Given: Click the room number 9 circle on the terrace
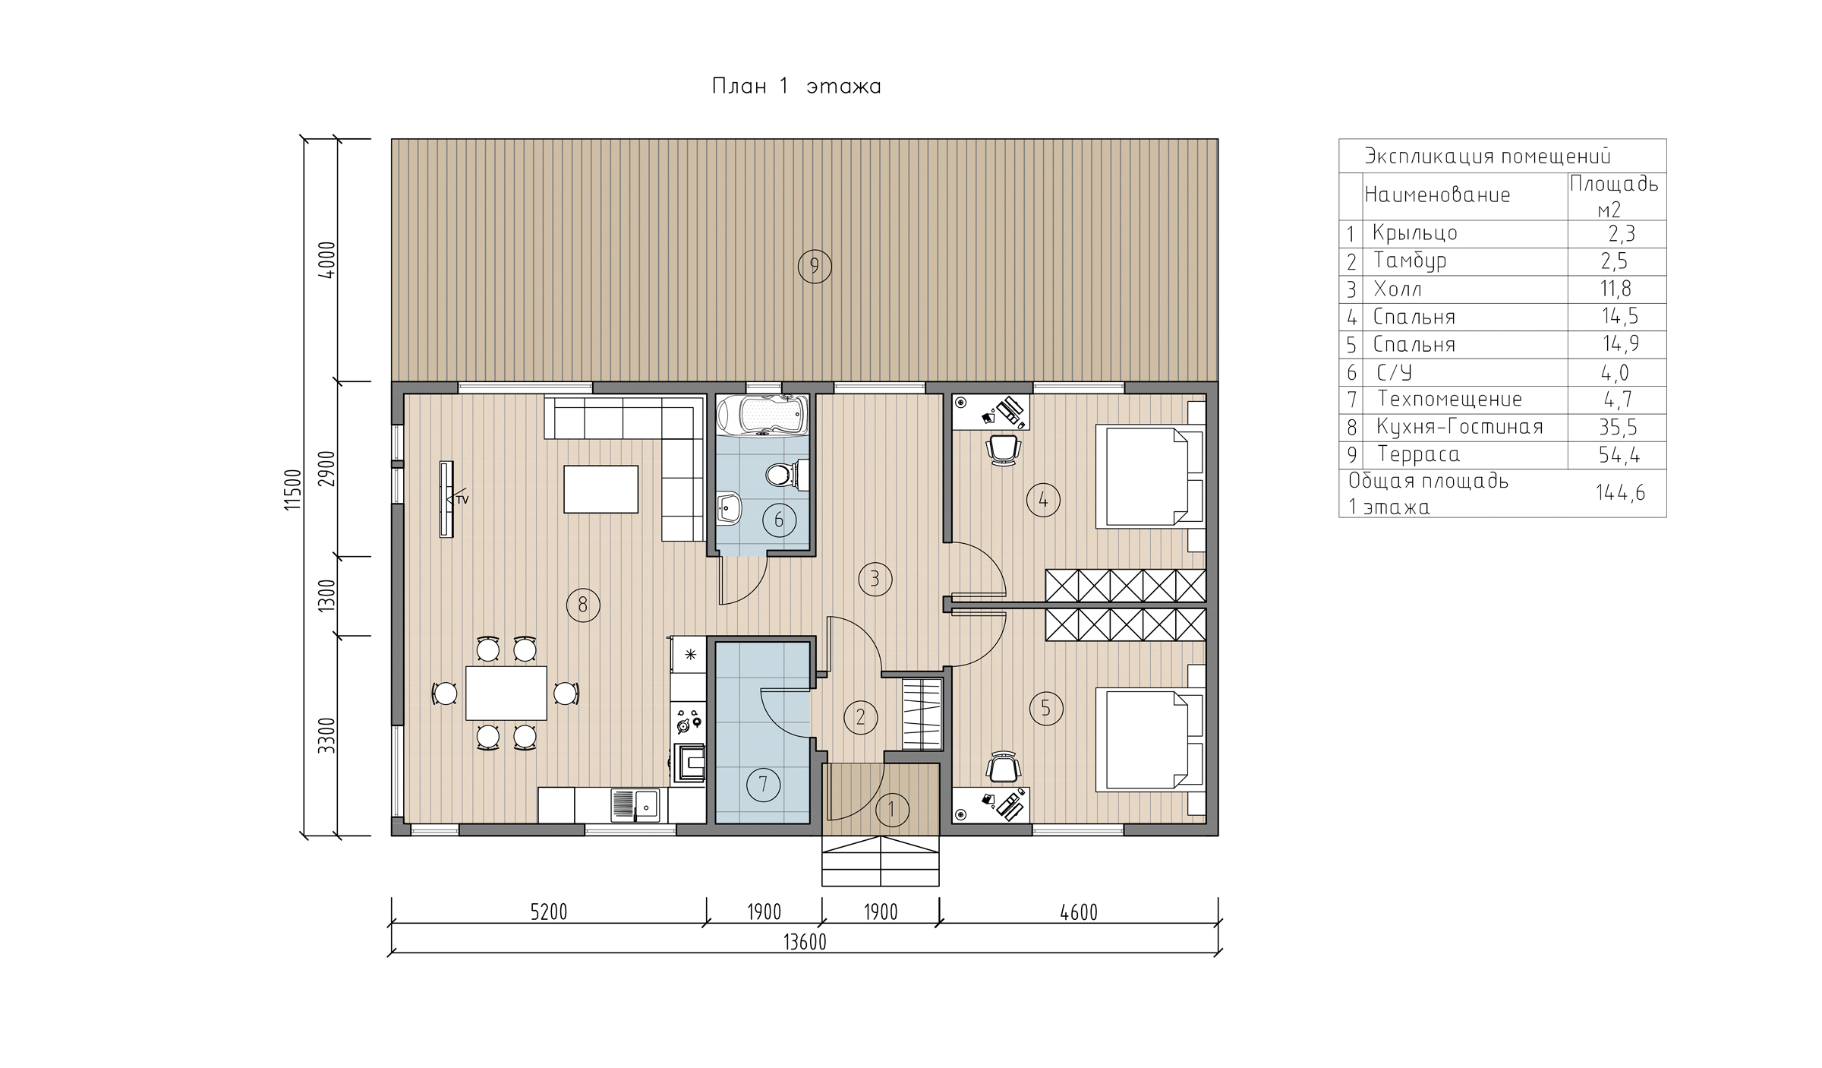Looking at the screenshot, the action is click(815, 267).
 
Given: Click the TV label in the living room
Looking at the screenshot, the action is click(462, 499).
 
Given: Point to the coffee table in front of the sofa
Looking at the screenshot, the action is click(601, 489).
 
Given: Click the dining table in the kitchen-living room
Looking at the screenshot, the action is click(506, 693).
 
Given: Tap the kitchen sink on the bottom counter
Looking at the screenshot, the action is click(635, 805).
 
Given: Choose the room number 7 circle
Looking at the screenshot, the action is click(763, 785).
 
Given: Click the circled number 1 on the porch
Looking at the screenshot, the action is click(892, 810).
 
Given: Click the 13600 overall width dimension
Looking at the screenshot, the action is click(805, 943).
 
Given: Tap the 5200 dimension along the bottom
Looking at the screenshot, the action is click(548, 912).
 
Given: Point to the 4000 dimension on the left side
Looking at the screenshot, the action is click(326, 261).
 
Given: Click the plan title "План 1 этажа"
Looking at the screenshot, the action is click(796, 87).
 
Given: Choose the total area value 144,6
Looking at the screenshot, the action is click(1620, 492).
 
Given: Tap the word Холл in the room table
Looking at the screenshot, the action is click(1398, 289).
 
